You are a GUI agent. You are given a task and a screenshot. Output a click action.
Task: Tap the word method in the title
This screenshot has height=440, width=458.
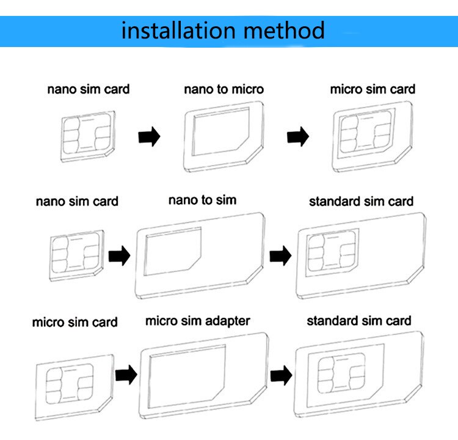284,30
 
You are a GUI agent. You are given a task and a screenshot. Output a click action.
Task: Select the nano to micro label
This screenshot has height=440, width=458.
224,89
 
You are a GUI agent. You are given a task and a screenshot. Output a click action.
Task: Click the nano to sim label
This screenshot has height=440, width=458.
202,199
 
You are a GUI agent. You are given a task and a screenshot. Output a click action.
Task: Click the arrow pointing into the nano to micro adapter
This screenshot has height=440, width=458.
149,136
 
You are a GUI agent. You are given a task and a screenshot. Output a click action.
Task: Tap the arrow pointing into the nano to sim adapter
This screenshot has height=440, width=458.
120,256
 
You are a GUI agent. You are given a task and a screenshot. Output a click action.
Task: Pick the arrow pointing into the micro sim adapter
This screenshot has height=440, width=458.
126,373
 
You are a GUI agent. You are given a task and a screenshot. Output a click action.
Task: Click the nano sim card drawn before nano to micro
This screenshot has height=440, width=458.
89,135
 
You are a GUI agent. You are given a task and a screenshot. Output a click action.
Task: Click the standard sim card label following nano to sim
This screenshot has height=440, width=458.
361,201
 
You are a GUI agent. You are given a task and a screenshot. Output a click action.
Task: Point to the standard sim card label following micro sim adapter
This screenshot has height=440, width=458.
358,321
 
